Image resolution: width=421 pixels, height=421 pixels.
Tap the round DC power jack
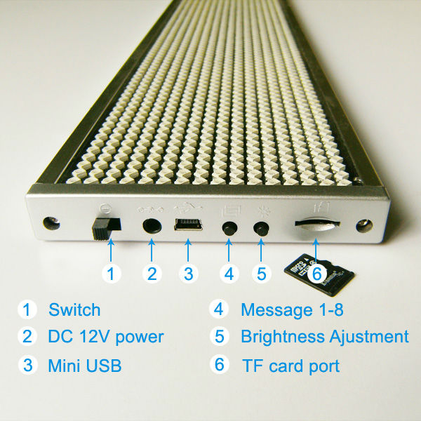[152, 225]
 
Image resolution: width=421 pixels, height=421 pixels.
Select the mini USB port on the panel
[188, 225]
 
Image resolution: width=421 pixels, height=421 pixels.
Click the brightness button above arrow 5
[261, 229]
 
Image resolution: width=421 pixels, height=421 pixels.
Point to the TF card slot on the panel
[317, 223]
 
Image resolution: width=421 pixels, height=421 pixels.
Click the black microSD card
[319, 274]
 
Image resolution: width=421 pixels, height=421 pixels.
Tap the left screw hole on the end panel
[51, 223]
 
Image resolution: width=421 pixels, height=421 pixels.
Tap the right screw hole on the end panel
[364, 226]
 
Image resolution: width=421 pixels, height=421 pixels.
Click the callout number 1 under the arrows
[111, 274]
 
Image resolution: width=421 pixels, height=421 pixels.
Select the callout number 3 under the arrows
[189, 274]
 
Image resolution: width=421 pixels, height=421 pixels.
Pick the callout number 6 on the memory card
[317, 274]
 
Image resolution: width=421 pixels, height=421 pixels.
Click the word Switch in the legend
[74, 309]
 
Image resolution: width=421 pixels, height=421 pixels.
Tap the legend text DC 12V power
[106, 336]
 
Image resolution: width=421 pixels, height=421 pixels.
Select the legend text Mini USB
[85, 366]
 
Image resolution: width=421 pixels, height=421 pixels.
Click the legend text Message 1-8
[292, 310]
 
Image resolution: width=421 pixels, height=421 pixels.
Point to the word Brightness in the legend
[283, 337]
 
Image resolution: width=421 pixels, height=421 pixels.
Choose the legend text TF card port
[290, 366]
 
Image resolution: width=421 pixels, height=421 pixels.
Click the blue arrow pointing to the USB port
[188, 250]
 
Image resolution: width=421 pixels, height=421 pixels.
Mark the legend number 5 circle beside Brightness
[219, 336]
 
